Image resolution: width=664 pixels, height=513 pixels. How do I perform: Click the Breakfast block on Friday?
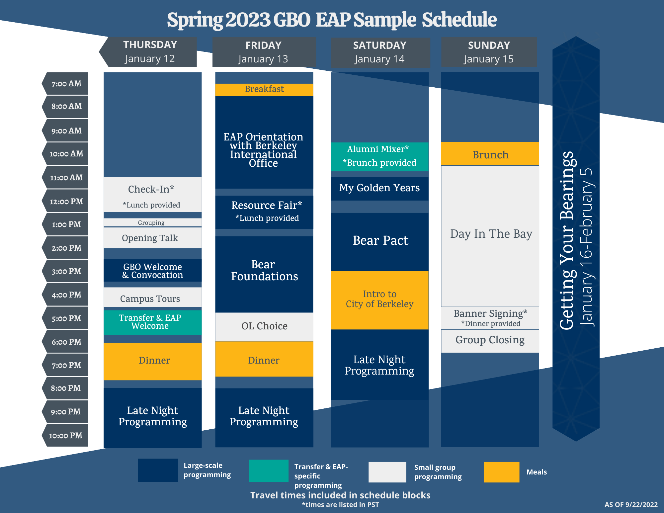coord(264,89)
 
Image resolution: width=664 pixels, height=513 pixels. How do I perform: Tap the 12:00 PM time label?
coord(66,201)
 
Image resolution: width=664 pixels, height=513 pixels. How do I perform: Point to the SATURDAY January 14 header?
coord(380,52)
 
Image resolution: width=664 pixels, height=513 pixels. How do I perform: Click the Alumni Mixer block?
coord(379,157)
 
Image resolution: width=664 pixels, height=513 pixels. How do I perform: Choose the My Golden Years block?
coord(379,188)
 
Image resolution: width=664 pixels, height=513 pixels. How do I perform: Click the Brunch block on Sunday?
coord(490,154)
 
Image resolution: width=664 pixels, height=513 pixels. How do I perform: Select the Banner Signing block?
coord(490,318)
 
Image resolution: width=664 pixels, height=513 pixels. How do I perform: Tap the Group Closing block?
coord(490,341)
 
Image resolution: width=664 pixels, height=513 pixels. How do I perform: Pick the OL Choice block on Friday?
coord(264,326)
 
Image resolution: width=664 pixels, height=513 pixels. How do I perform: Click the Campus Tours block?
coord(152,298)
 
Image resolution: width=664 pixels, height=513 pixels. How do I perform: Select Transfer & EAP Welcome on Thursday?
coord(152,322)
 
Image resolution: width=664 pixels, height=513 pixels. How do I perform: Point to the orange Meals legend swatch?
coord(501,472)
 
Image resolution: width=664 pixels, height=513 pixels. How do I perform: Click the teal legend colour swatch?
coord(269,470)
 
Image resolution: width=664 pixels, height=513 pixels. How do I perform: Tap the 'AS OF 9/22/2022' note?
coord(631,505)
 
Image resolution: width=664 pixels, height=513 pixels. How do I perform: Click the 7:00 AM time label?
coord(66,84)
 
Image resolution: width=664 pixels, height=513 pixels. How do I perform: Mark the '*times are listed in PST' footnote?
coord(340,505)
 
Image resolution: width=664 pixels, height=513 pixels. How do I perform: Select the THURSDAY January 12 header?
coord(150,52)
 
